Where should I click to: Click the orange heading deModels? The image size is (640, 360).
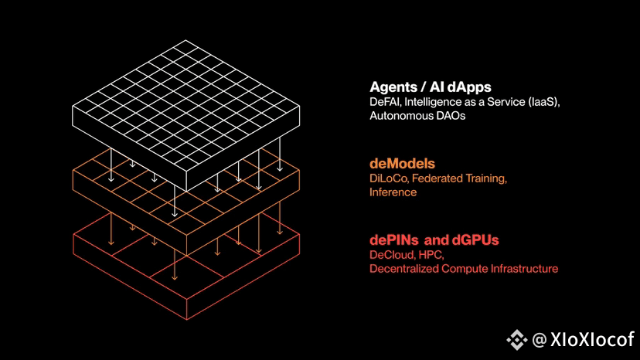coord(402,164)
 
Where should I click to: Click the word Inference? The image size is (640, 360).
coord(393,192)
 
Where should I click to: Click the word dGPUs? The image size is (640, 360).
coord(475,240)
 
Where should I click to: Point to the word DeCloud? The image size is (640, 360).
coord(392,255)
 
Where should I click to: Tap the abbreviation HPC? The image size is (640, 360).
coord(431,255)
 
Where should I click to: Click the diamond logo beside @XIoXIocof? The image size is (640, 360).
coord(517,340)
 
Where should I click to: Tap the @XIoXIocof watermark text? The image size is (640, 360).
coord(584,340)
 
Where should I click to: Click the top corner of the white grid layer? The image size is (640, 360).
coord(186,40)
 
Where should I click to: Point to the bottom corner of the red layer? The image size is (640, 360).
coord(186,320)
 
